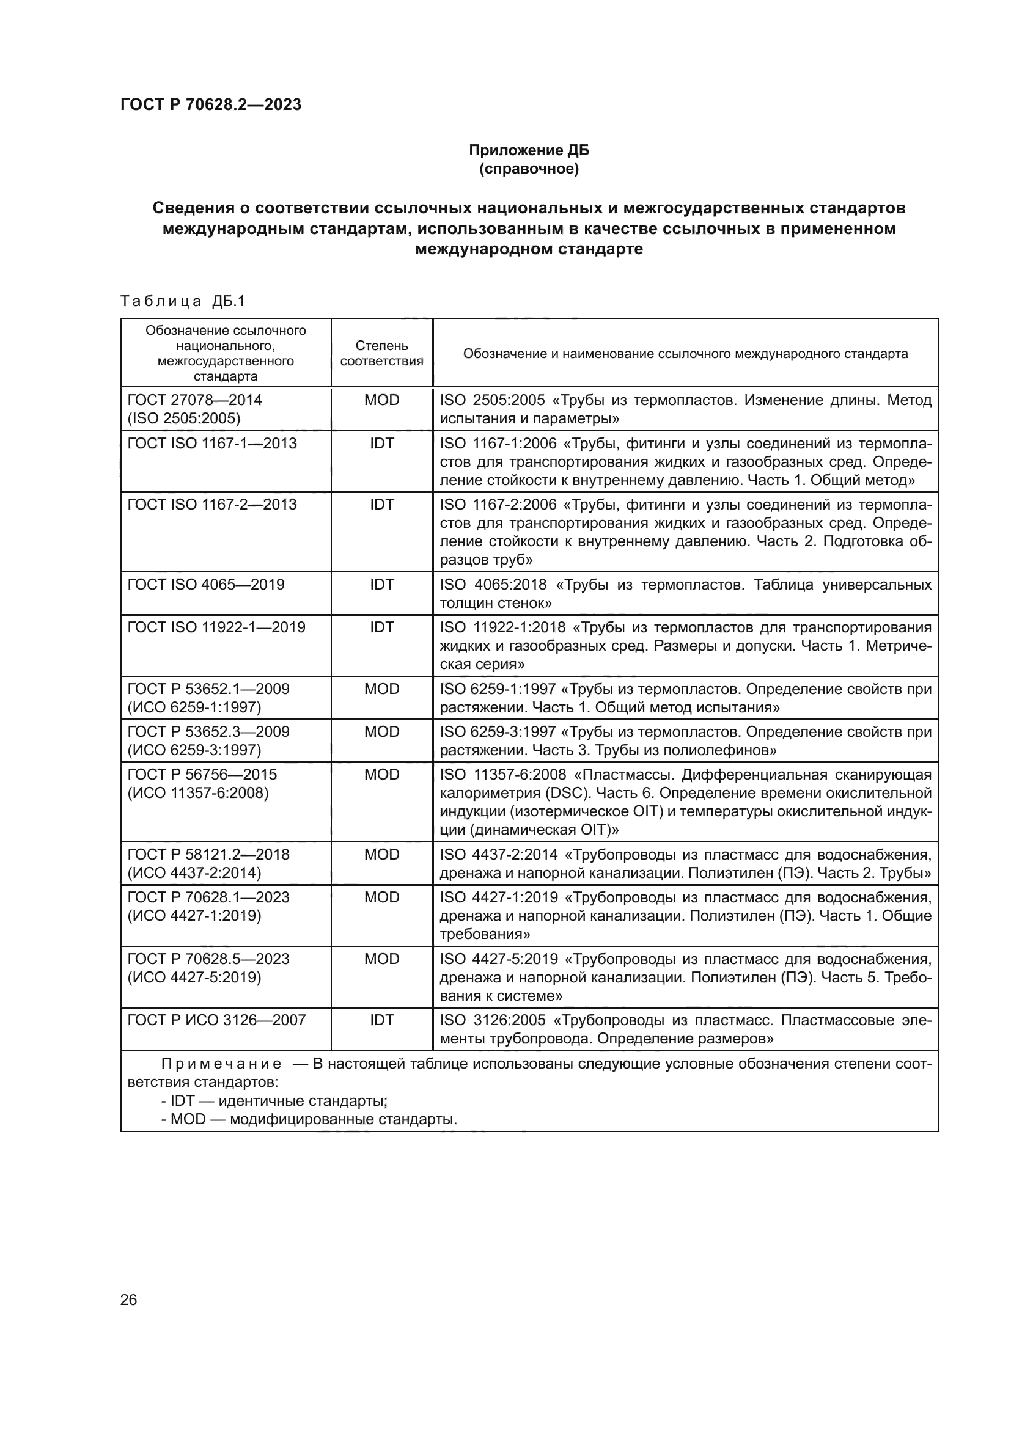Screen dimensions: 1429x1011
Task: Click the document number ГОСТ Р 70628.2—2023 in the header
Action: pyautogui.click(x=210, y=104)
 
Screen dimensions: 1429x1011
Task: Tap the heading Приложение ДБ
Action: pyautogui.click(x=529, y=150)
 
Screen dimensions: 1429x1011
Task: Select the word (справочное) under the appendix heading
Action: pyautogui.click(x=529, y=169)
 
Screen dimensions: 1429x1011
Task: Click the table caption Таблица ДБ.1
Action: pyautogui.click(x=182, y=301)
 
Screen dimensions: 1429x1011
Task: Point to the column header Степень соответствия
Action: pyautogui.click(x=381, y=353)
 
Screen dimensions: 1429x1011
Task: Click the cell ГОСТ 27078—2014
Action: pyautogui.click(x=194, y=400)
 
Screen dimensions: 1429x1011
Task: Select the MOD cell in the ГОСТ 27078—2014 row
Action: pyautogui.click(x=381, y=400)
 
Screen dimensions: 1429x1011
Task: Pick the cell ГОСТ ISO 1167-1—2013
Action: pyautogui.click(x=211, y=443)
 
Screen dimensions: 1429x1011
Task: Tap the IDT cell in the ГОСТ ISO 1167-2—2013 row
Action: pyautogui.click(x=381, y=504)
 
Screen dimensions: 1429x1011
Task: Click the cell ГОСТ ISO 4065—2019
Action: pyautogui.click(x=205, y=585)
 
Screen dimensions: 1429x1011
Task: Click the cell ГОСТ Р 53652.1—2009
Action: pyautogui.click(x=208, y=689)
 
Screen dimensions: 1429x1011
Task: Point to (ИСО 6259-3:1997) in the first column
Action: pyautogui.click(x=194, y=750)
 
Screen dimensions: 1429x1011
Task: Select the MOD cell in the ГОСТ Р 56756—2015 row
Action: pyautogui.click(x=381, y=774)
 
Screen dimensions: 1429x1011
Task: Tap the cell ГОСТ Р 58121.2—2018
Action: pyautogui.click(x=208, y=854)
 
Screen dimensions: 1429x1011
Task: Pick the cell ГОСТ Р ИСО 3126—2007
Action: pyautogui.click(x=216, y=1020)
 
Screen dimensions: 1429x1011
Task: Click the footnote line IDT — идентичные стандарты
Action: pyautogui.click(x=274, y=1100)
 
